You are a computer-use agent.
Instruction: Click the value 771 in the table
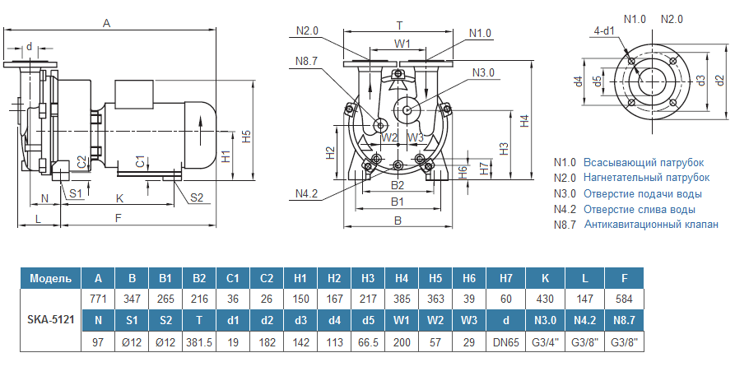(x=98, y=299)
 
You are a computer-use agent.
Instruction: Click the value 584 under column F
(x=625, y=299)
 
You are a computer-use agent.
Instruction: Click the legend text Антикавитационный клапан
(x=646, y=225)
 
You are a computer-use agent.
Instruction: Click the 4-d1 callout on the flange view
(x=605, y=32)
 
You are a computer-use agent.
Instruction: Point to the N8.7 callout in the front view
(x=307, y=59)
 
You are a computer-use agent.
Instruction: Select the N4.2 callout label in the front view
(x=307, y=194)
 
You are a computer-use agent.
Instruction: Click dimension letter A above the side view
(x=106, y=24)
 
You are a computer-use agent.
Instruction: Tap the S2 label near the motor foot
(x=197, y=197)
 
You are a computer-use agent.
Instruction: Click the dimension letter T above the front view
(x=399, y=26)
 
